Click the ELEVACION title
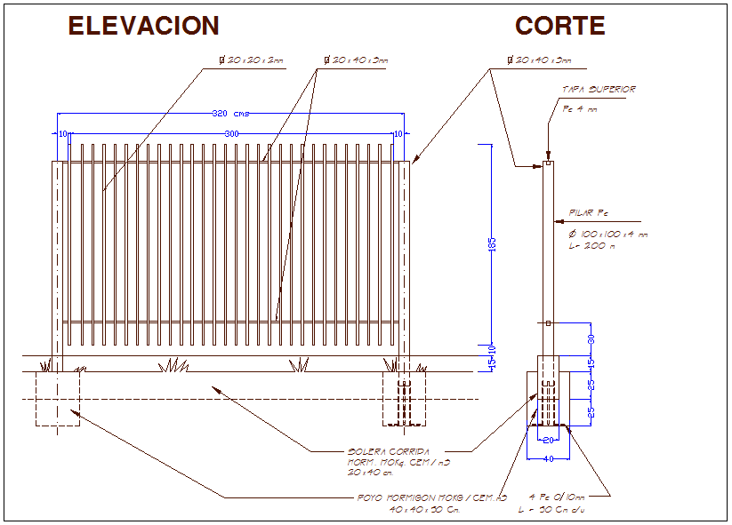143,26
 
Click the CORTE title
559,26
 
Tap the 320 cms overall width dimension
230,113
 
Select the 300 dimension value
231,133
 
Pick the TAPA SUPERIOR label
599,90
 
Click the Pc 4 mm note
580,108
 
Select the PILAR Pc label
589,213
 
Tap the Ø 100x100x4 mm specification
608,234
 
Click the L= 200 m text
592,245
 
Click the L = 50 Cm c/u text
551,510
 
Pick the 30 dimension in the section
591,339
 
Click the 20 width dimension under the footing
548,440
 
